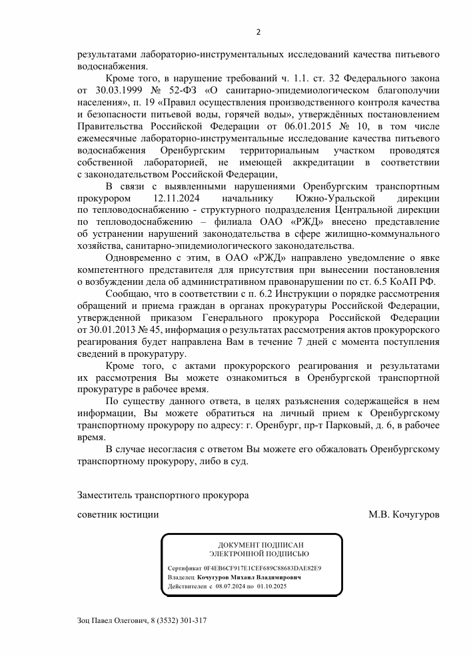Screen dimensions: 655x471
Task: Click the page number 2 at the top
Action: [x=258, y=32]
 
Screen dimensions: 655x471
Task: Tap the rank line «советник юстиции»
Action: [x=118, y=515]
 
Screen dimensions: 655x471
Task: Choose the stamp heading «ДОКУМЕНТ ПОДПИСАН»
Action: [x=259, y=545]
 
